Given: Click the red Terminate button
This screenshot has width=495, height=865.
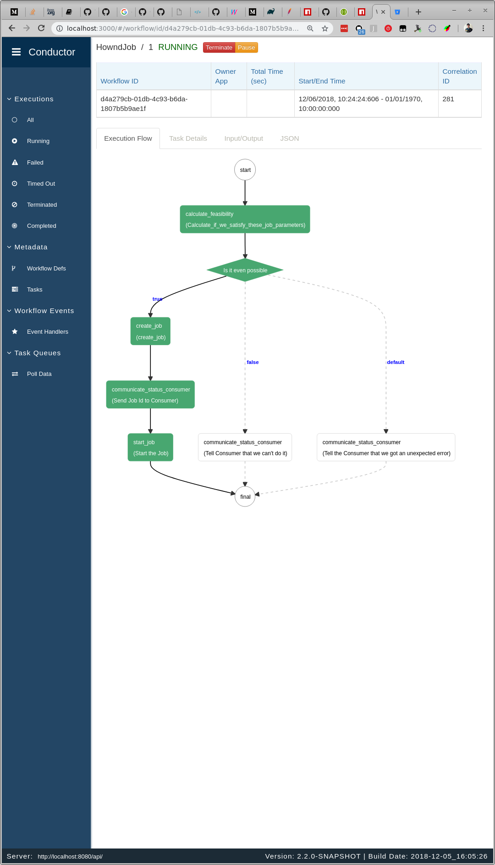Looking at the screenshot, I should point(219,48).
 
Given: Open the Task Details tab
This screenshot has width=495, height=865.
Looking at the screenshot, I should point(188,138).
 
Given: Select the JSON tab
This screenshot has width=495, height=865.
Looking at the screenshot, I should point(289,138).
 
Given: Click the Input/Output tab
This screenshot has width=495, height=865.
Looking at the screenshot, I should point(243,138).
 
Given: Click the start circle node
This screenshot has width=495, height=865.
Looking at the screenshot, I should point(245,170).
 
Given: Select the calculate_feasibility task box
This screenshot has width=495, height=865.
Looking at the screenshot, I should point(245,220).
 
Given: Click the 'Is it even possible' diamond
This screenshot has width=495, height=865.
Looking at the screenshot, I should point(245,270).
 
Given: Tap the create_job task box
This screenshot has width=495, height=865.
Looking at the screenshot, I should point(150,331).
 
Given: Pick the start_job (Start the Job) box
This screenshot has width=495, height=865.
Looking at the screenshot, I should point(150,447).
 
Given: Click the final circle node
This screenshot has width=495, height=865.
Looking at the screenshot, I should point(245,496).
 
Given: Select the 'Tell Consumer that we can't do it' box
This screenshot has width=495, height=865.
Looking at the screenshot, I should point(245,447).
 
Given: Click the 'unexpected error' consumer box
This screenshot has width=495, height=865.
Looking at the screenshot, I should point(386,447).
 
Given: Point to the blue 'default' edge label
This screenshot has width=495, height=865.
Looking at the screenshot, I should point(396,362).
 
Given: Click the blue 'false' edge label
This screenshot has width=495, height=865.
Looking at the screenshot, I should point(253,362).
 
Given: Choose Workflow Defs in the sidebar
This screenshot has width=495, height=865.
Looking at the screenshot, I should point(46,269).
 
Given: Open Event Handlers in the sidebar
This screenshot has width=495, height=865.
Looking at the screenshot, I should point(47,332).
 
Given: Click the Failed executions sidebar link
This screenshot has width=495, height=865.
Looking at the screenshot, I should point(35,163).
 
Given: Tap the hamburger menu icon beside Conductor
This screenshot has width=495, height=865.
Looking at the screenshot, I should point(16,52).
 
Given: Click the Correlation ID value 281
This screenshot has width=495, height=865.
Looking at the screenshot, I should point(448,99).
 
